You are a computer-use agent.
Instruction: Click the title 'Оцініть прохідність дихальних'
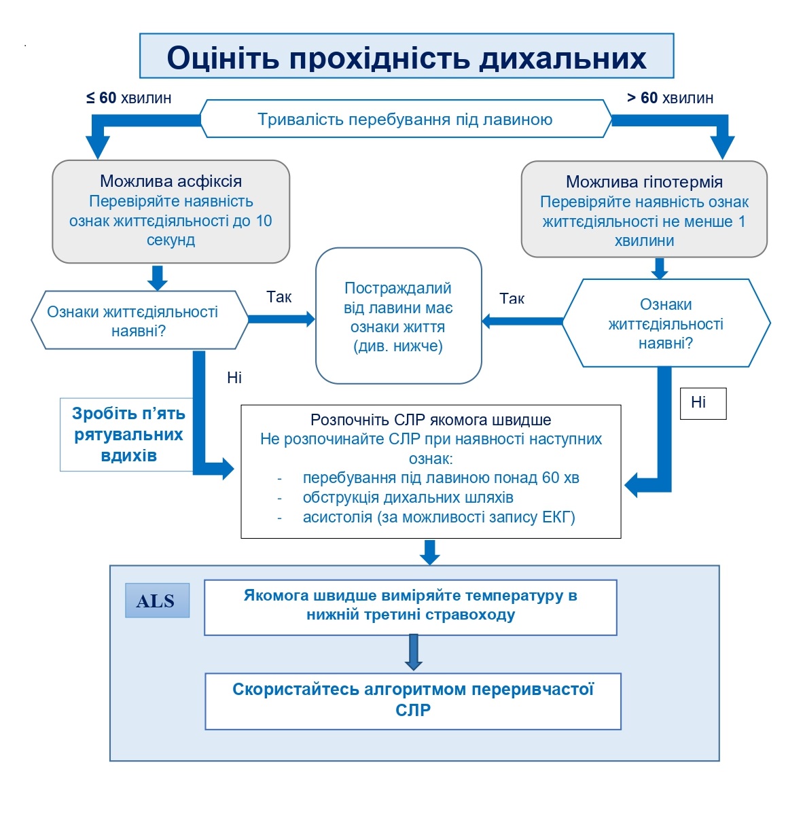(406, 57)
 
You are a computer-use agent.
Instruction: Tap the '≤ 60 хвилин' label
(128, 98)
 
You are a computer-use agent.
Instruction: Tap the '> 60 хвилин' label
(670, 98)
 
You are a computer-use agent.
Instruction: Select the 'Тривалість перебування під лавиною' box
(405, 120)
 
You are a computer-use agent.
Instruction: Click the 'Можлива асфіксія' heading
(171, 181)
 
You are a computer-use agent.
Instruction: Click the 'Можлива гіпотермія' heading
(644, 182)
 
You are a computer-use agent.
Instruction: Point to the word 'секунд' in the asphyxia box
(171, 240)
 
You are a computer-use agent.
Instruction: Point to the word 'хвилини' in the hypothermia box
(644, 240)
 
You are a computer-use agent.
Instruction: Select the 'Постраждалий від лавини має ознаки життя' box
(398, 317)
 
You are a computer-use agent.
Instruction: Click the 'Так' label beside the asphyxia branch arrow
(279, 297)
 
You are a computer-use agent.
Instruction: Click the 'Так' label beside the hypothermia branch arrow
(512, 298)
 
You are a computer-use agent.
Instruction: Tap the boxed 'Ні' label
(702, 403)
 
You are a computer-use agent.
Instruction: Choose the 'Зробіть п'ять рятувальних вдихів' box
(128, 434)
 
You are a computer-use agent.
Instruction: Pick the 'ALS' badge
(156, 601)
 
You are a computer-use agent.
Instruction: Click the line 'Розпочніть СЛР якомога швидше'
(431, 420)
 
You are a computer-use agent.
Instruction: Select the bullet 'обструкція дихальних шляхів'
(408, 497)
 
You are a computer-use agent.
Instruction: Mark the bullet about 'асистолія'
(438, 517)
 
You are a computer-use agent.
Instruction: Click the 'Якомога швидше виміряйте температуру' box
(410, 605)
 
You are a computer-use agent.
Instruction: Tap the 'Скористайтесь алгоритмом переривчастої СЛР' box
(413, 700)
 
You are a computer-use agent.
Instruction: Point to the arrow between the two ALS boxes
(413, 653)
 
